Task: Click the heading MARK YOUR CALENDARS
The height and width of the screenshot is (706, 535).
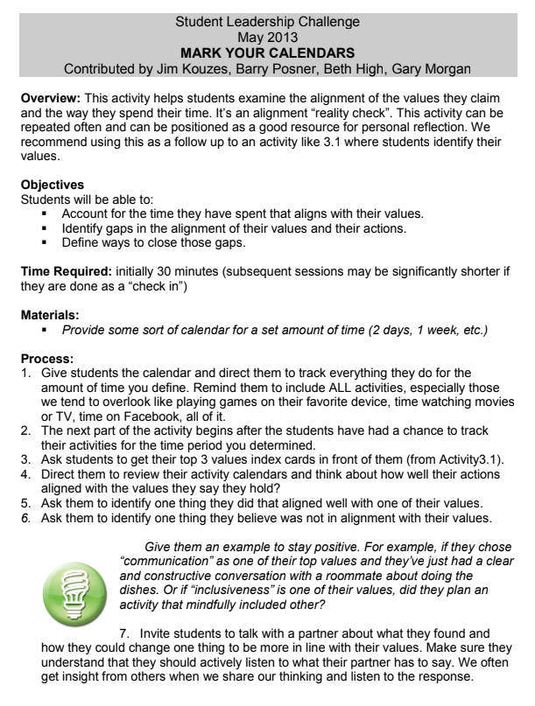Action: (267, 52)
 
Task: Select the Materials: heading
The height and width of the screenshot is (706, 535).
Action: (52, 309)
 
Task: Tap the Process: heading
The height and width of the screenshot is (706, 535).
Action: (48, 346)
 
